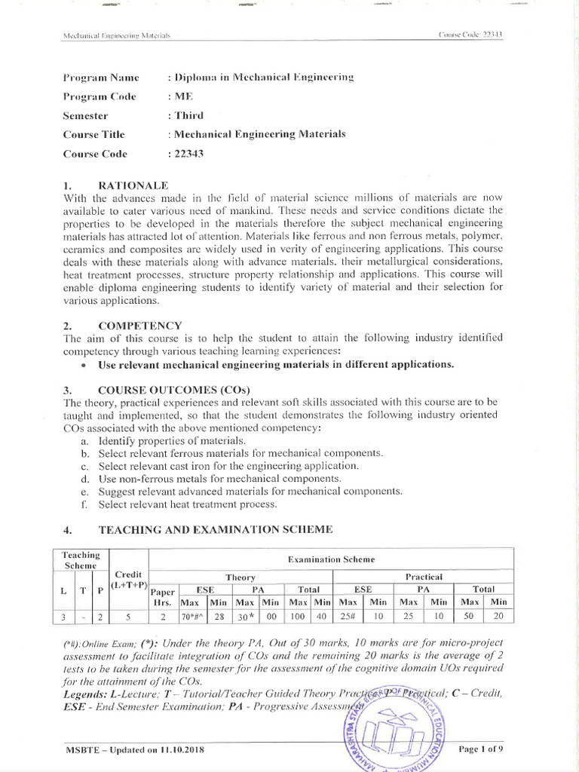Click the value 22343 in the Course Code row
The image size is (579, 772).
(x=189, y=154)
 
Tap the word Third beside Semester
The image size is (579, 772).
(x=188, y=115)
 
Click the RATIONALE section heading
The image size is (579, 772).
(x=133, y=185)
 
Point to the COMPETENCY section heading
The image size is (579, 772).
(x=139, y=325)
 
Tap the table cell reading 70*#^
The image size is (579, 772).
(x=193, y=616)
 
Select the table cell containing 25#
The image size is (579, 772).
(x=348, y=616)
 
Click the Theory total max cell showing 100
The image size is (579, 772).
(x=299, y=616)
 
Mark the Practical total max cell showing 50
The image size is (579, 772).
(x=470, y=616)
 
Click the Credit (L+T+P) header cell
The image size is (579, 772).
(x=129, y=580)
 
